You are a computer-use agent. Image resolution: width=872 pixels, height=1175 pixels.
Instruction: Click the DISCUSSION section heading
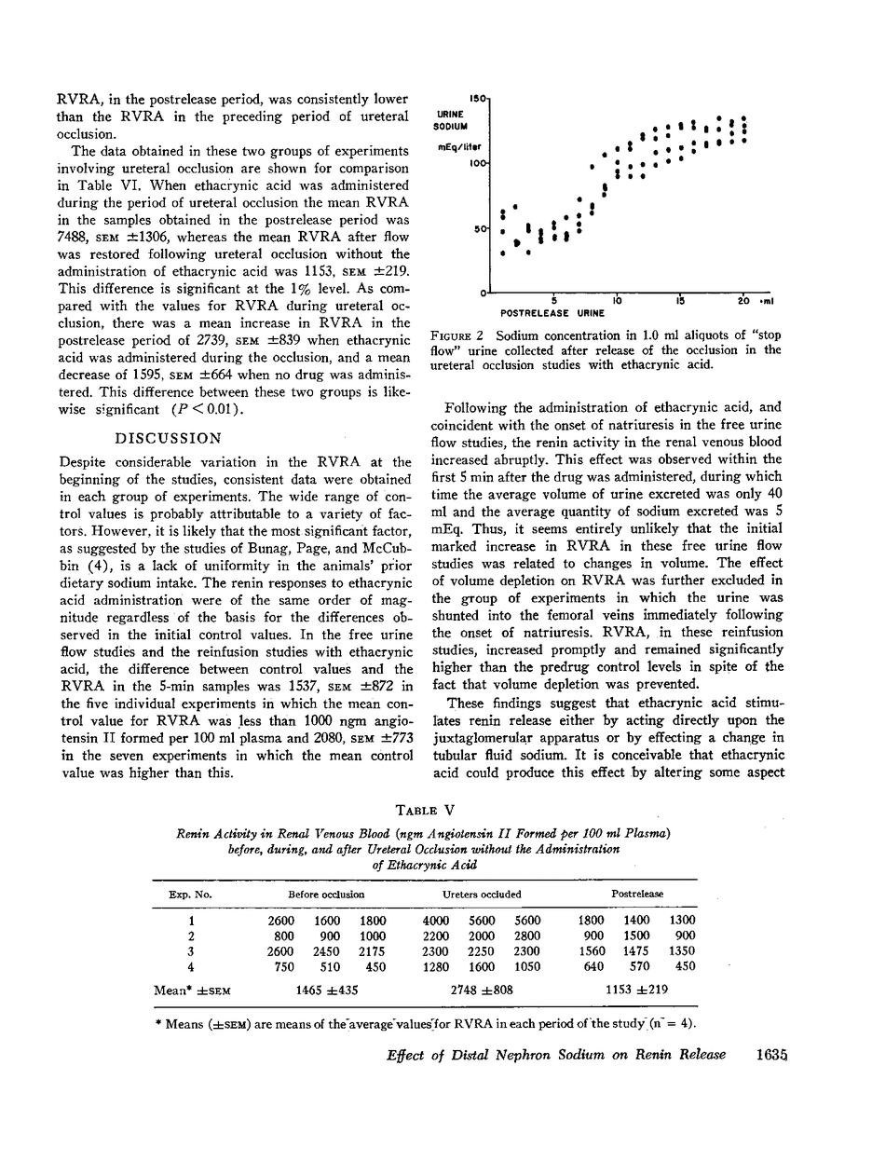(168, 438)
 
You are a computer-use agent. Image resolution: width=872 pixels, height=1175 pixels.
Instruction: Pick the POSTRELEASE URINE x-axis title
(539, 313)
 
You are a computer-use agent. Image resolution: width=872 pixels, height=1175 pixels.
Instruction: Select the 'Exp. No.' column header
(191, 895)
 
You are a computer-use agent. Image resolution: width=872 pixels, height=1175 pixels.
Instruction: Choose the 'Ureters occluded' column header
(482, 895)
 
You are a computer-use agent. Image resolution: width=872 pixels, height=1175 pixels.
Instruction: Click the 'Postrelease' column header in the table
(637, 895)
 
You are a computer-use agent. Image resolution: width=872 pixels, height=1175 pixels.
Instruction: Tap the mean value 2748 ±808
(482, 991)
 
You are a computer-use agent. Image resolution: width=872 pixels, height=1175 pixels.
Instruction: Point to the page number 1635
(766, 1054)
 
